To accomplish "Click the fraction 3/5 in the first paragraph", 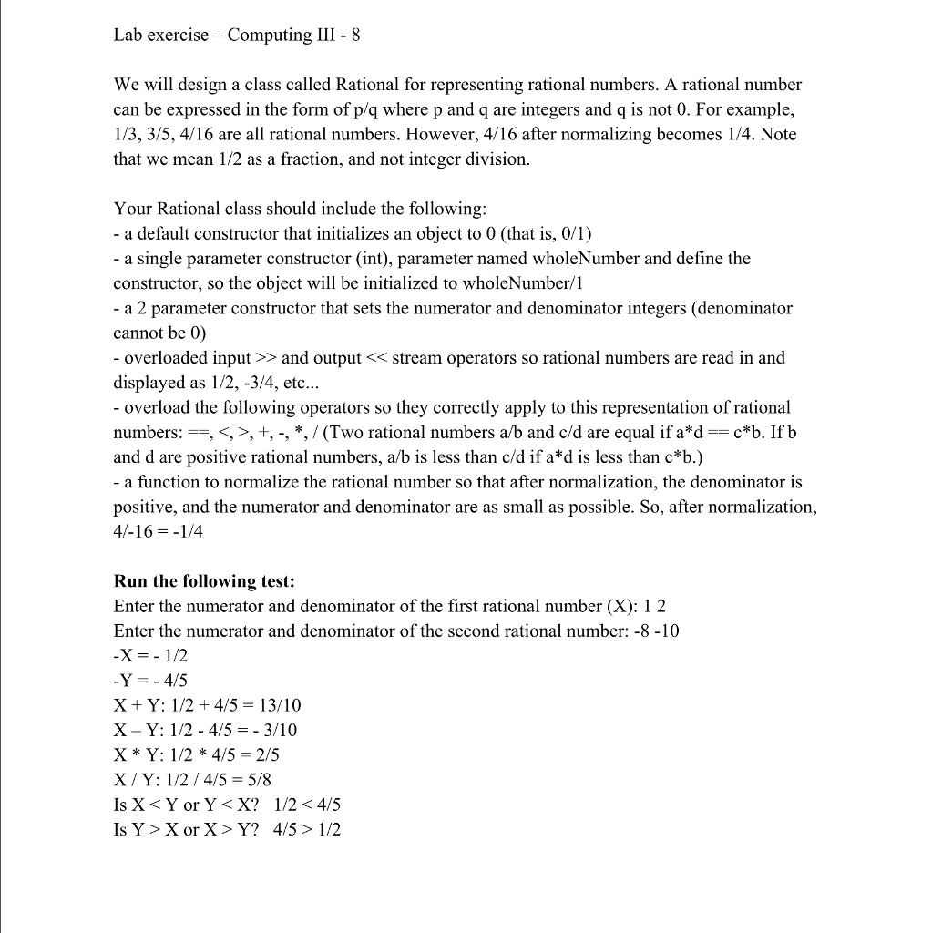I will pos(164,134).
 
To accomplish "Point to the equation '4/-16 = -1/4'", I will pos(159,531).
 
